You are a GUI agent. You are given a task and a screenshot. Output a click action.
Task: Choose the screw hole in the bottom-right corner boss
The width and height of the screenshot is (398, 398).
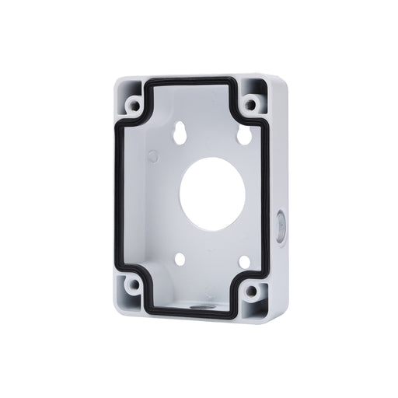pyautogui.click(x=250, y=293)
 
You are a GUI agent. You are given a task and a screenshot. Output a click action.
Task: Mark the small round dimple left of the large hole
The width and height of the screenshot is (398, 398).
pyautogui.click(x=153, y=156)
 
